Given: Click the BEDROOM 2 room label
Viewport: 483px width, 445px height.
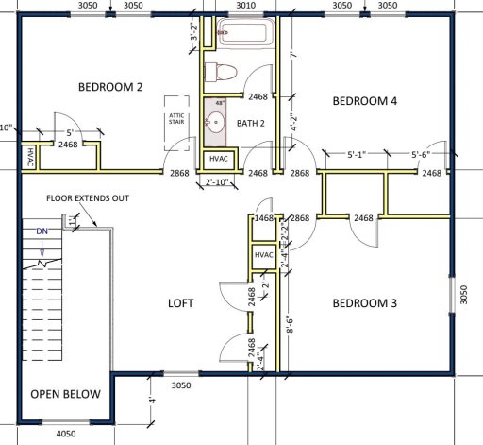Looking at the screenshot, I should click(110, 87).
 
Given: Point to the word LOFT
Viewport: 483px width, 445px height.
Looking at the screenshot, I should click(180, 303).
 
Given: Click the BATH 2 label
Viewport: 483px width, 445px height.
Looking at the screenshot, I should click(252, 123).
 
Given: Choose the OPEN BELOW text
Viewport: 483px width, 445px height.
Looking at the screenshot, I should click(65, 394).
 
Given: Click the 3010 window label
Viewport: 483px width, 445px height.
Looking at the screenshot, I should click(245, 5).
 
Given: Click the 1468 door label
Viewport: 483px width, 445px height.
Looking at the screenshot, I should click(265, 218).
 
